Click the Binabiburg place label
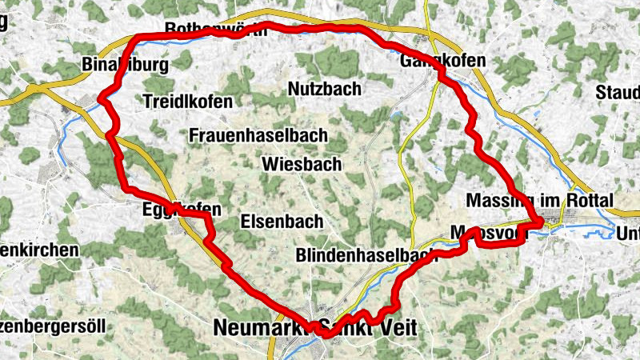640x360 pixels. (x=125, y=64)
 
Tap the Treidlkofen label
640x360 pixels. (x=188, y=102)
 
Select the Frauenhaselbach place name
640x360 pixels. (x=258, y=135)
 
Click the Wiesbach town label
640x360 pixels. (x=302, y=164)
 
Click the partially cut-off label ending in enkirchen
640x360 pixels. (x=39, y=250)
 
